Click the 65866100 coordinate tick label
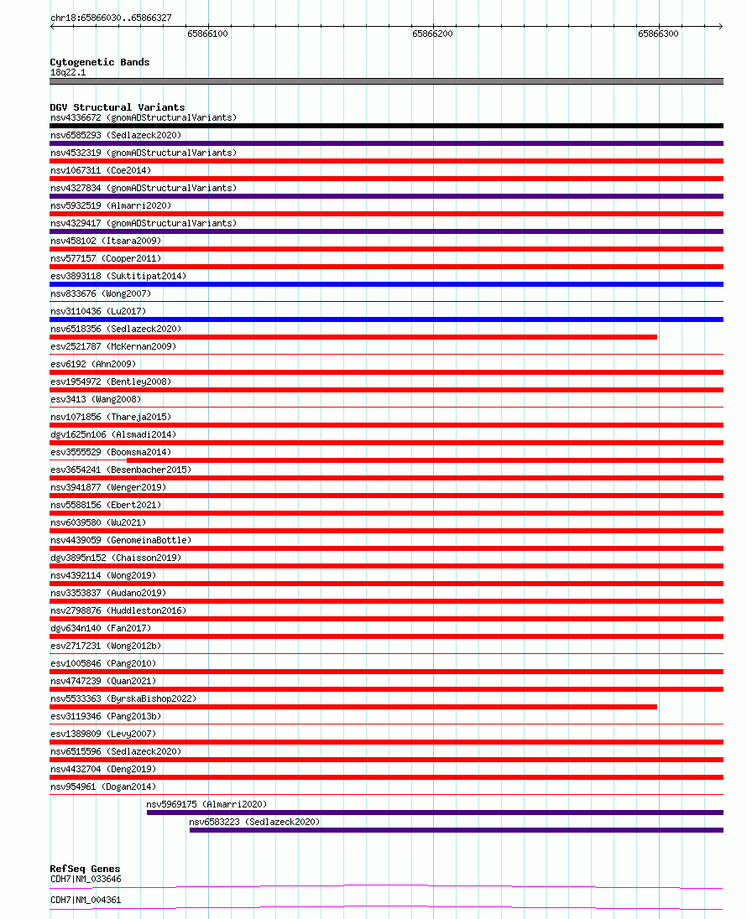(x=207, y=34)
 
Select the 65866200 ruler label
(x=432, y=34)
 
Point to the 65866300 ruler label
(x=658, y=34)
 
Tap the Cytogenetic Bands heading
(x=100, y=62)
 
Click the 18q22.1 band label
(x=68, y=72)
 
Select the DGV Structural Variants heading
(x=118, y=107)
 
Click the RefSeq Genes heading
(x=85, y=869)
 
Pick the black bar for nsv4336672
(x=386, y=126)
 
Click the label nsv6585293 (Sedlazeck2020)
(x=116, y=135)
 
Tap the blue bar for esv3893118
(x=386, y=284)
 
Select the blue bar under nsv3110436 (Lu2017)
(x=386, y=319)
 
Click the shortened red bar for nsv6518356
(x=353, y=337)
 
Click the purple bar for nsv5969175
(x=435, y=813)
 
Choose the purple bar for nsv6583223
(x=456, y=830)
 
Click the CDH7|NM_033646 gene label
(x=86, y=879)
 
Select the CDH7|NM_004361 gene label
(x=86, y=900)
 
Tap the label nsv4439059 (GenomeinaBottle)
(x=121, y=540)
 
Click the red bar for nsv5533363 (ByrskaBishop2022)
(x=353, y=707)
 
